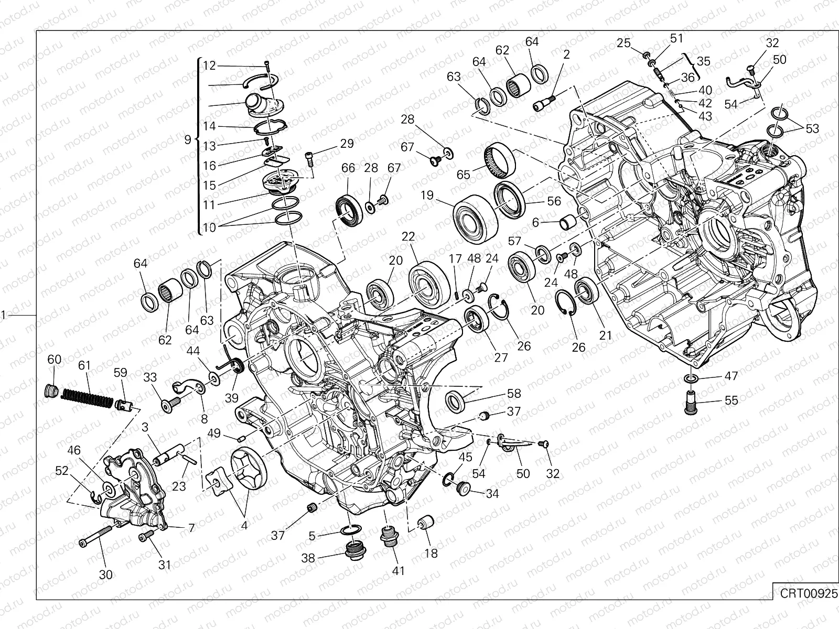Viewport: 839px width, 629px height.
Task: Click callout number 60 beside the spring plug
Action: pyautogui.click(x=55, y=360)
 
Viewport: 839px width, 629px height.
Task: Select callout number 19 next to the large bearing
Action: pyautogui.click(x=427, y=196)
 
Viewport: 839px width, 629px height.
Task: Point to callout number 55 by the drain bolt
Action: pyautogui.click(x=731, y=400)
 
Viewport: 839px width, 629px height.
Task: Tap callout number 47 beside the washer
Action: pyautogui.click(x=731, y=376)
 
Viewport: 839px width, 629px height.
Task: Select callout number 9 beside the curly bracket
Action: pyautogui.click(x=188, y=140)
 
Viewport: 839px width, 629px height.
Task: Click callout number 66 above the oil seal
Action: pyautogui.click(x=348, y=168)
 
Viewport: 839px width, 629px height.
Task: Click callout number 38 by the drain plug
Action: pyautogui.click(x=308, y=558)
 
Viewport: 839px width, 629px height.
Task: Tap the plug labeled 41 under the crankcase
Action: pyautogui.click(x=389, y=536)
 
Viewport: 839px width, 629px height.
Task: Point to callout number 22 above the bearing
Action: pyautogui.click(x=408, y=237)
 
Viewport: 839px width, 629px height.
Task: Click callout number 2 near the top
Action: pyautogui.click(x=566, y=54)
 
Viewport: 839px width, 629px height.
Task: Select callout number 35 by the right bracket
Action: pyautogui.click(x=703, y=61)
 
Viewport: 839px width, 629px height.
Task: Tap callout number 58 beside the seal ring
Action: pyautogui.click(x=513, y=393)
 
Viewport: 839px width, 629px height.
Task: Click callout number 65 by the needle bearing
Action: pyautogui.click(x=464, y=174)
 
